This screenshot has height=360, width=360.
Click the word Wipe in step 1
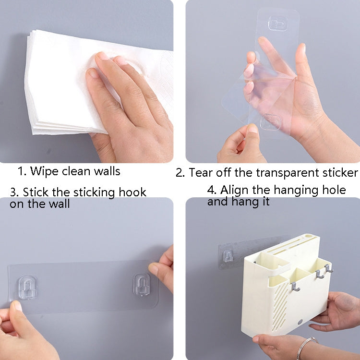pyautogui.click(x=44, y=171)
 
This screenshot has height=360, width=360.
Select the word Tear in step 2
pyautogui.click(x=201, y=172)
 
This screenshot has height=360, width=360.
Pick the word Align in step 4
pyautogui.click(x=234, y=190)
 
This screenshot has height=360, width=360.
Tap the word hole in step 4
pyautogui.click(x=334, y=190)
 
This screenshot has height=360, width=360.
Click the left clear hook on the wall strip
pyautogui.click(x=27, y=288)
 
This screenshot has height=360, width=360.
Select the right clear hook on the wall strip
pyautogui.click(x=142, y=284)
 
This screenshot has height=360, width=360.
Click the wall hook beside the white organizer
pyautogui.click(x=228, y=256)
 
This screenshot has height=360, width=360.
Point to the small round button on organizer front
pyautogui.click(x=300, y=322)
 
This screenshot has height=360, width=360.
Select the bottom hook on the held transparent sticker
pyautogui.click(x=271, y=121)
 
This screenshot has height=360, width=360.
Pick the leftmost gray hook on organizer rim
pyautogui.click(x=296, y=287)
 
